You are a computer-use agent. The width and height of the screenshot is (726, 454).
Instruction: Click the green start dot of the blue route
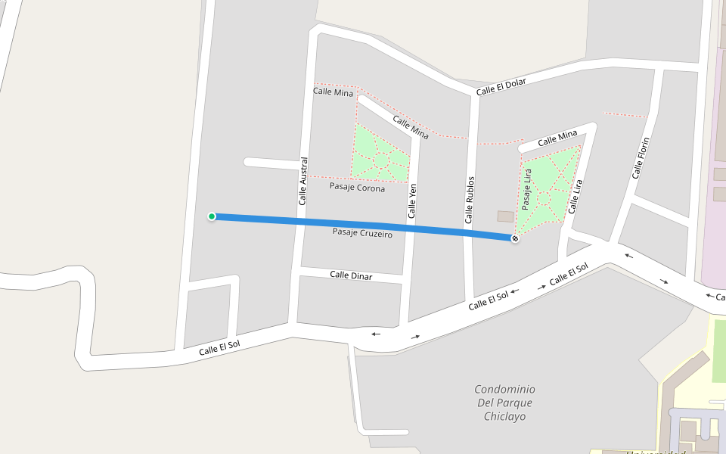coord(212,216)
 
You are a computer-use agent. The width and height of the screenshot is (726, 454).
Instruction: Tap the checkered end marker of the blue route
coord(515,239)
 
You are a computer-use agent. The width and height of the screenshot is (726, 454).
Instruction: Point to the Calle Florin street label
coord(641,157)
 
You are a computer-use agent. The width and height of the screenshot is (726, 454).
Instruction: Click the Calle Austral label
coord(303,181)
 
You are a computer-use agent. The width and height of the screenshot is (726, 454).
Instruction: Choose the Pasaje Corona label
coord(357,187)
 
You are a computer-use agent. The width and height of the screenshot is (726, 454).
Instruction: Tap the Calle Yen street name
coord(412,201)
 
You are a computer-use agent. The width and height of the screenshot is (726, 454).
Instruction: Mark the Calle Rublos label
coord(470,201)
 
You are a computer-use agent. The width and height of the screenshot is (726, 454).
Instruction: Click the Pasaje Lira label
coord(526,189)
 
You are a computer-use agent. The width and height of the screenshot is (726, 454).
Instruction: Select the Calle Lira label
coord(576,197)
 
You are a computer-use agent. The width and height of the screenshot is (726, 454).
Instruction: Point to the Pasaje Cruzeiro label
coord(362,233)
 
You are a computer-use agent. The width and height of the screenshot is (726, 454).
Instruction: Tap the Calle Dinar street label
coord(351,275)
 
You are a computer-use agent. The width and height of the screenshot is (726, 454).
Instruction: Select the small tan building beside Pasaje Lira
coord(505,216)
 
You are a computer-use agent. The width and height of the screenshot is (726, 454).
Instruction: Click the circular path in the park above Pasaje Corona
coord(381,160)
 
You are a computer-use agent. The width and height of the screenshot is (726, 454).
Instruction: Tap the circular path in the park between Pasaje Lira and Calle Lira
coord(543,197)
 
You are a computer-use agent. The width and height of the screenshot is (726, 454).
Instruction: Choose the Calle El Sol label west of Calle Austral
coord(219,348)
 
